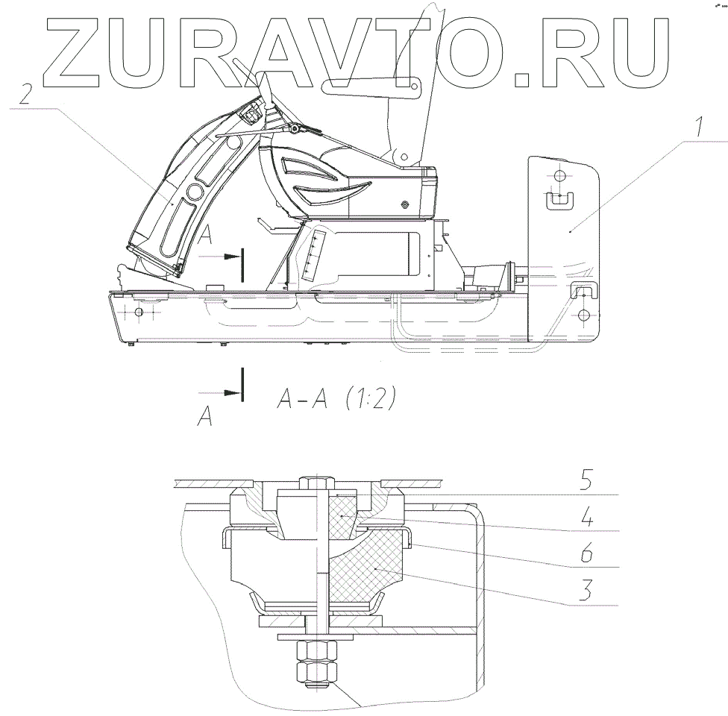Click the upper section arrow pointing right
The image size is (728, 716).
[x=223, y=255]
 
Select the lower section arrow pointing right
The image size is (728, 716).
[x=222, y=392]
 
